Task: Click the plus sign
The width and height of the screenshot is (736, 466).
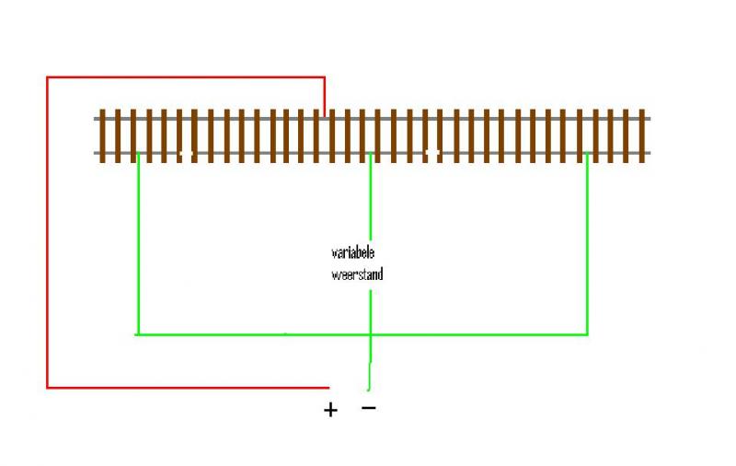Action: click(330, 410)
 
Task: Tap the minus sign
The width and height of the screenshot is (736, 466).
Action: click(369, 408)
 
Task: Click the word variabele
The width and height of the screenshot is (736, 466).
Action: click(353, 252)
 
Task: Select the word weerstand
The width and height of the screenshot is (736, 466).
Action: click(357, 274)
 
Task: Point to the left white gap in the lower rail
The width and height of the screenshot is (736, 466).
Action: click(186, 153)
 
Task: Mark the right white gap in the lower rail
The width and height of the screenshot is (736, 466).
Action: click(432, 153)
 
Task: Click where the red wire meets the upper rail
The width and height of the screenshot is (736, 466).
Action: click(325, 118)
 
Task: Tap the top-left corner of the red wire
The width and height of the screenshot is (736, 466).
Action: click(47, 77)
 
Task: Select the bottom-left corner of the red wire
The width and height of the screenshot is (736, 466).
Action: click(47, 388)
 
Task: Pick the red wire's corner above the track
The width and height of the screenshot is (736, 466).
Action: click(325, 77)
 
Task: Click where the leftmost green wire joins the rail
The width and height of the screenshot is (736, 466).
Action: click(138, 153)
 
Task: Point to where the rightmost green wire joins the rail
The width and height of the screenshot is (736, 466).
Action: click(587, 153)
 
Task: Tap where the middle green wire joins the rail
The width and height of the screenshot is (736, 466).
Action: click(371, 153)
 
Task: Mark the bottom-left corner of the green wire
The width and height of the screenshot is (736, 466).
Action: click(137, 334)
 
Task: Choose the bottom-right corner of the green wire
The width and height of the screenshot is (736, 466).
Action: click(587, 334)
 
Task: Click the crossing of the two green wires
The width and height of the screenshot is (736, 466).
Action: click(371, 334)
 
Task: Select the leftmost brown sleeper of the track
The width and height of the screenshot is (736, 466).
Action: click(102, 136)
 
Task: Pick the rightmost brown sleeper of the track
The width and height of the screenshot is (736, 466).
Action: click(641, 136)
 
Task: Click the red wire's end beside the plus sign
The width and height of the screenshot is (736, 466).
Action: click(328, 388)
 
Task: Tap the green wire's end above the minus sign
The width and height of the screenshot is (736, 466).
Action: click(369, 389)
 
